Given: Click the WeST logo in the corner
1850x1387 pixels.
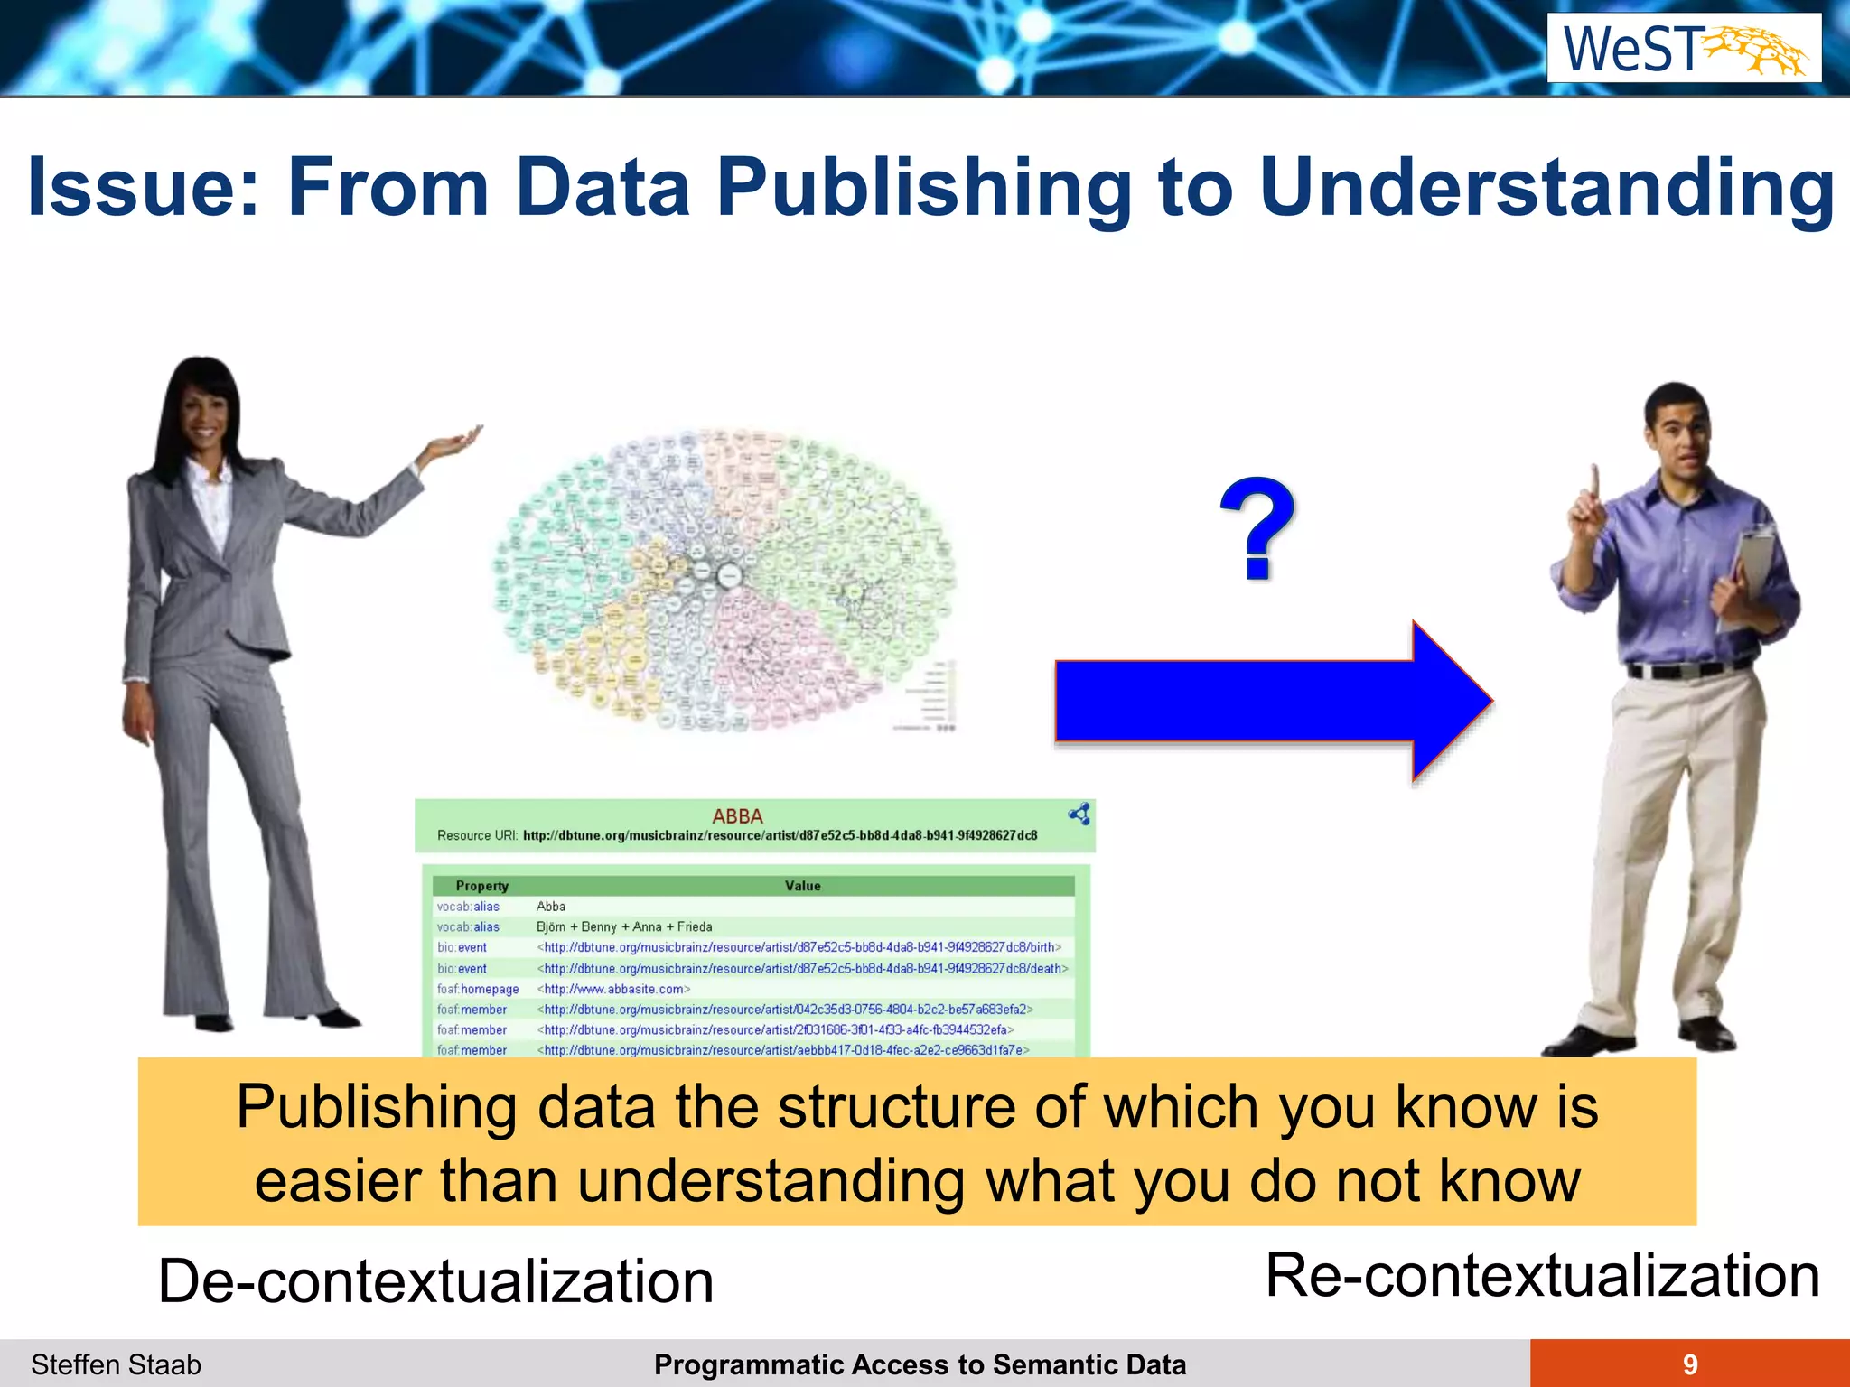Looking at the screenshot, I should pyautogui.click(x=1684, y=49).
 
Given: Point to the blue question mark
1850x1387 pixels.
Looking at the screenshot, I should pyautogui.click(x=1257, y=528).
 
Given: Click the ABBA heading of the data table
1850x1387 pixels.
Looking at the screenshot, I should pyautogui.click(x=737, y=816).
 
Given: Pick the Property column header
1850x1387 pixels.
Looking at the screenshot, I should pyautogui.click(x=481, y=886).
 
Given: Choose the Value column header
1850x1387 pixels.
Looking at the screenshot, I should pyautogui.click(x=802, y=886).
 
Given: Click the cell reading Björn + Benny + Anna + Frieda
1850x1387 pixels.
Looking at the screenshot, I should pyautogui.click(x=624, y=926).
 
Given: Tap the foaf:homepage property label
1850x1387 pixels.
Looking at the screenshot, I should pyautogui.click(x=478, y=989).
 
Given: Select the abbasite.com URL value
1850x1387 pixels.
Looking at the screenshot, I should pyautogui.click(x=613, y=989).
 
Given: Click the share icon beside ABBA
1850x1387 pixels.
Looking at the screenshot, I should pyautogui.click(x=1079, y=815).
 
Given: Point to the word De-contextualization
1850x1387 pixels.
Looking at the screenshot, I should pyautogui.click(x=435, y=1281).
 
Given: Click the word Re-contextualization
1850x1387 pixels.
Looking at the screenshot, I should pyautogui.click(x=1542, y=1276).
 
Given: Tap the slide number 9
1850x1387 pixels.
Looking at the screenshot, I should pyautogui.click(x=1690, y=1364).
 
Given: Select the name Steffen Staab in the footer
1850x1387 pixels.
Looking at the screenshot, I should pyautogui.click(x=116, y=1364).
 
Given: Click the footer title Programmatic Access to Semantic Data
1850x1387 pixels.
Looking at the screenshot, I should pyautogui.click(x=920, y=1364).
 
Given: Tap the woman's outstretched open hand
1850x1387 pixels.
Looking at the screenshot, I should pyautogui.click(x=456, y=443).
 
